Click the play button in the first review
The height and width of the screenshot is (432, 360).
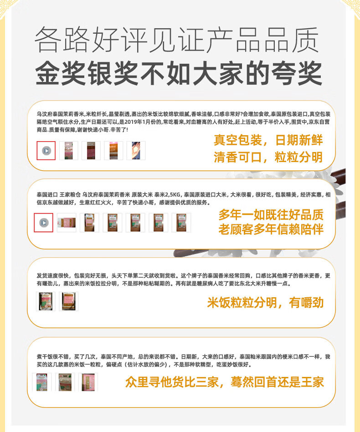tap(46, 151)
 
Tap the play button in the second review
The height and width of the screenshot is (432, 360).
tap(44, 223)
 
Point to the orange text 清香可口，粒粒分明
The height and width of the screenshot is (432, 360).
tap(268, 157)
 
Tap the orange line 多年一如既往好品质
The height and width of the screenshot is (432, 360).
tap(271, 214)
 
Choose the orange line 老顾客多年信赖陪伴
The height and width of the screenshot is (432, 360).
tap(271, 229)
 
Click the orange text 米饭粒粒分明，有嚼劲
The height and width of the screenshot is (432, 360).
tap(265, 302)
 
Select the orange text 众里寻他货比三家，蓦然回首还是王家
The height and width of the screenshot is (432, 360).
tap(224, 381)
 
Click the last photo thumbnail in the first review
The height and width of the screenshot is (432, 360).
tap(136, 151)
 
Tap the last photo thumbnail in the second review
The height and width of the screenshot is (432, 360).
tap(181, 223)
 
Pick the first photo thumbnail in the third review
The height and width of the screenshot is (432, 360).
tap(46, 301)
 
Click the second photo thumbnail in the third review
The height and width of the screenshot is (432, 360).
tap(69, 301)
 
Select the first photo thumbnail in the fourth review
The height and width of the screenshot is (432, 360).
tap(42, 382)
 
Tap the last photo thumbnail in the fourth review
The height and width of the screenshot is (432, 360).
tap(88, 382)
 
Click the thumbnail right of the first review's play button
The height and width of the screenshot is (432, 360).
tap(69, 151)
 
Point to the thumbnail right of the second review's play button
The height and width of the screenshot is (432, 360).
tap(67, 223)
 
